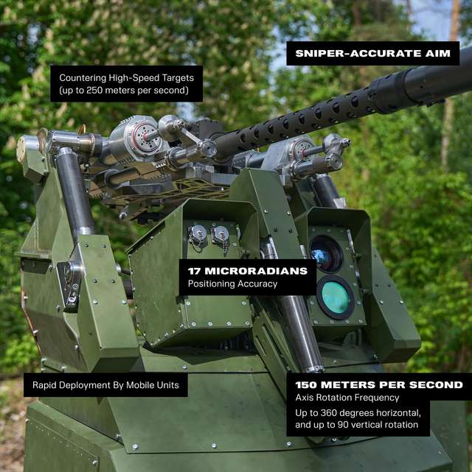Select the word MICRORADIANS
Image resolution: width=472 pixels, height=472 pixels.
(x=256, y=271)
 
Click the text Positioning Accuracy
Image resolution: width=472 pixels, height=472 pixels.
(x=232, y=283)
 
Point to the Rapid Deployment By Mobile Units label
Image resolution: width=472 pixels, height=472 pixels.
(x=105, y=384)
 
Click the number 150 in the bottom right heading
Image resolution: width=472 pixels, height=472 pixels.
(x=306, y=384)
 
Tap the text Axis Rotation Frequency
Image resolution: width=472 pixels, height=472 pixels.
(x=347, y=398)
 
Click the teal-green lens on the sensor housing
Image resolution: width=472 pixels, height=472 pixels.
(x=336, y=297)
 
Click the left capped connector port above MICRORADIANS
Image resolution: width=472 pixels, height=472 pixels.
(x=198, y=234)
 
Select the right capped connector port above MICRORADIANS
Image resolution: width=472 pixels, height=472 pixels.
(x=220, y=234)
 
